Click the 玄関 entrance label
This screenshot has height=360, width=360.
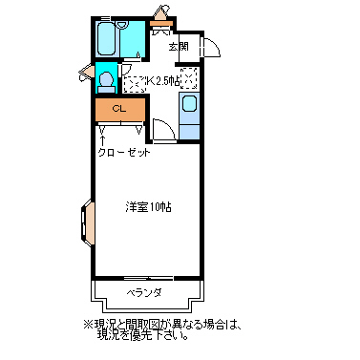click(x=179, y=47)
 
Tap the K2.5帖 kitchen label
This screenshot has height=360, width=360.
click(x=162, y=81)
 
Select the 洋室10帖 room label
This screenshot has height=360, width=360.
click(x=148, y=207)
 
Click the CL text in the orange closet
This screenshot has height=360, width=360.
click(x=119, y=109)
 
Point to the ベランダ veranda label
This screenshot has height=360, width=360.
click(x=144, y=292)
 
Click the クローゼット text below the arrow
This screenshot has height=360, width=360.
click(x=124, y=153)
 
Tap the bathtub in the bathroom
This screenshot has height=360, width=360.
click(x=106, y=39)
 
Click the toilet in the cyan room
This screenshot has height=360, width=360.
click(x=106, y=81)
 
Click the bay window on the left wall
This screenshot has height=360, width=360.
click(x=87, y=222)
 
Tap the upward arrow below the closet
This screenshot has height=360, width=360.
click(x=103, y=141)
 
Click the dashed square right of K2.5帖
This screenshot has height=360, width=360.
click(x=189, y=78)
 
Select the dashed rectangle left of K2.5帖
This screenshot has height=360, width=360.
click(x=134, y=84)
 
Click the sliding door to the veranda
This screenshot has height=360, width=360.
click(x=148, y=278)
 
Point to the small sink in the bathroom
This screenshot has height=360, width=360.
click(x=121, y=25)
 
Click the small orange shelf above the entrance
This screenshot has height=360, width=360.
click(x=161, y=23)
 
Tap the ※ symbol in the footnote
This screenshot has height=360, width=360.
click(x=87, y=325)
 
